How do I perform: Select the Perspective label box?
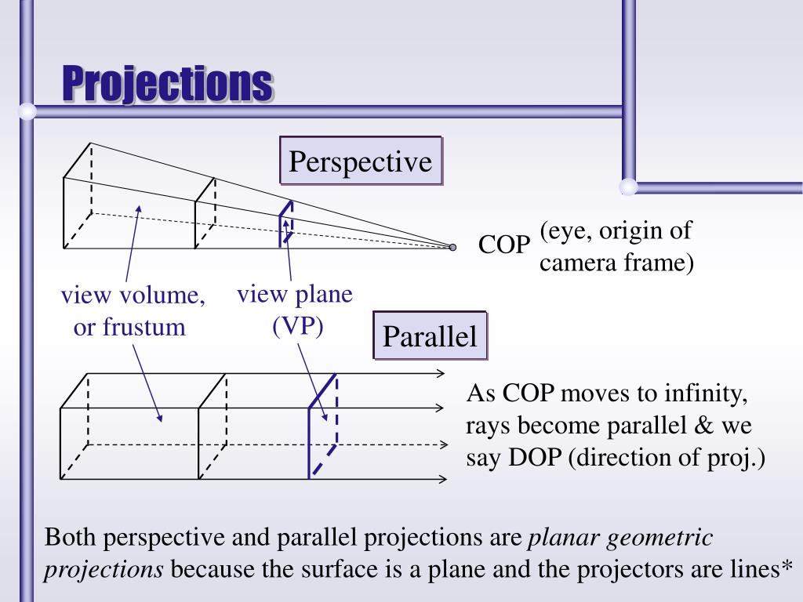tap(361, 161)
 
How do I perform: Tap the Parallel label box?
tap(430, 336)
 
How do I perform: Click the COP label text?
tap(505, 245)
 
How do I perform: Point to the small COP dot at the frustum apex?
tap(452, 247)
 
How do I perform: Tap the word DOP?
tap(538, 457)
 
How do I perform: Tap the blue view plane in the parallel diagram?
tap(322, 427)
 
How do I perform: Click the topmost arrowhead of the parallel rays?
tap(441, 373)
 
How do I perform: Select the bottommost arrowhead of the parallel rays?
tap(441, 478)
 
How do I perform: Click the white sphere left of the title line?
tap(27, 112)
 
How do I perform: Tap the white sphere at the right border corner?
tap(628, 187)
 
